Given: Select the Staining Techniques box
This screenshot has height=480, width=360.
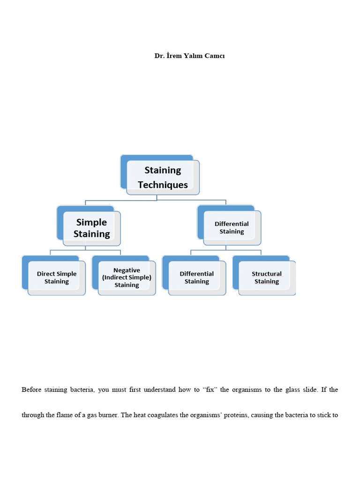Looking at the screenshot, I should pyautogui.click(x=163, y=177).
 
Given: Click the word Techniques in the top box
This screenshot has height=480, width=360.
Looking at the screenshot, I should pyautogui.click(x=163, y=185).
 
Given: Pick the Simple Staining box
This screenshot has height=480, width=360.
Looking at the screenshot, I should pyautogui.click(x=91, y=228).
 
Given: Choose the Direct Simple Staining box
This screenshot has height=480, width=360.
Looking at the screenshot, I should pyautogui.click(x=57, y=277).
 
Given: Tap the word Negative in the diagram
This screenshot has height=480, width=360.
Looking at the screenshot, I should pyautogui.click(x=127, y=270).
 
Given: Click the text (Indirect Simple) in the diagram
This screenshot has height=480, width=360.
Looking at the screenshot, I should pyautogui.click(x=127, y=277).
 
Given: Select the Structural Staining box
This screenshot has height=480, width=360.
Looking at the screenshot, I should pyautogui.click(x=267, y=277).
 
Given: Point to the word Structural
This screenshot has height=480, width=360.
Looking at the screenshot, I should pyautogui.click(x=267, y=274).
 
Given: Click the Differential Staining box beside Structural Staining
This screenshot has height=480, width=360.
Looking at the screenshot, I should pyautogui.click(x=197, y=277).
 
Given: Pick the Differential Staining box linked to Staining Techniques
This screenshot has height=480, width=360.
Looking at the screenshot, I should pyautogui.click(x=232, y=228).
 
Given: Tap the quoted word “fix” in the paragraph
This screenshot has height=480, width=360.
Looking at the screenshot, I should pyautogui.click(x=207, y=390).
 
